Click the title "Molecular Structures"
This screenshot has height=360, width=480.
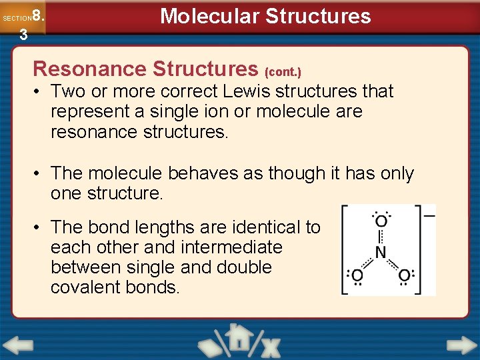[x=265, y=16]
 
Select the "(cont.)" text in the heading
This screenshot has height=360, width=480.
[x=283, y=71]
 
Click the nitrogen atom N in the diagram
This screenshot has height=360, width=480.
[x=381, y=252]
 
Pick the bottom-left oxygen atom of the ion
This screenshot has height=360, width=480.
[x=358, y=275]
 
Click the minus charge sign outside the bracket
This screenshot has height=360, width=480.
[x=429, y=215]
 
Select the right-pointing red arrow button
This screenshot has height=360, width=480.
[x=462, y=346]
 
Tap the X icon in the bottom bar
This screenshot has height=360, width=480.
[x=271, y=347]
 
